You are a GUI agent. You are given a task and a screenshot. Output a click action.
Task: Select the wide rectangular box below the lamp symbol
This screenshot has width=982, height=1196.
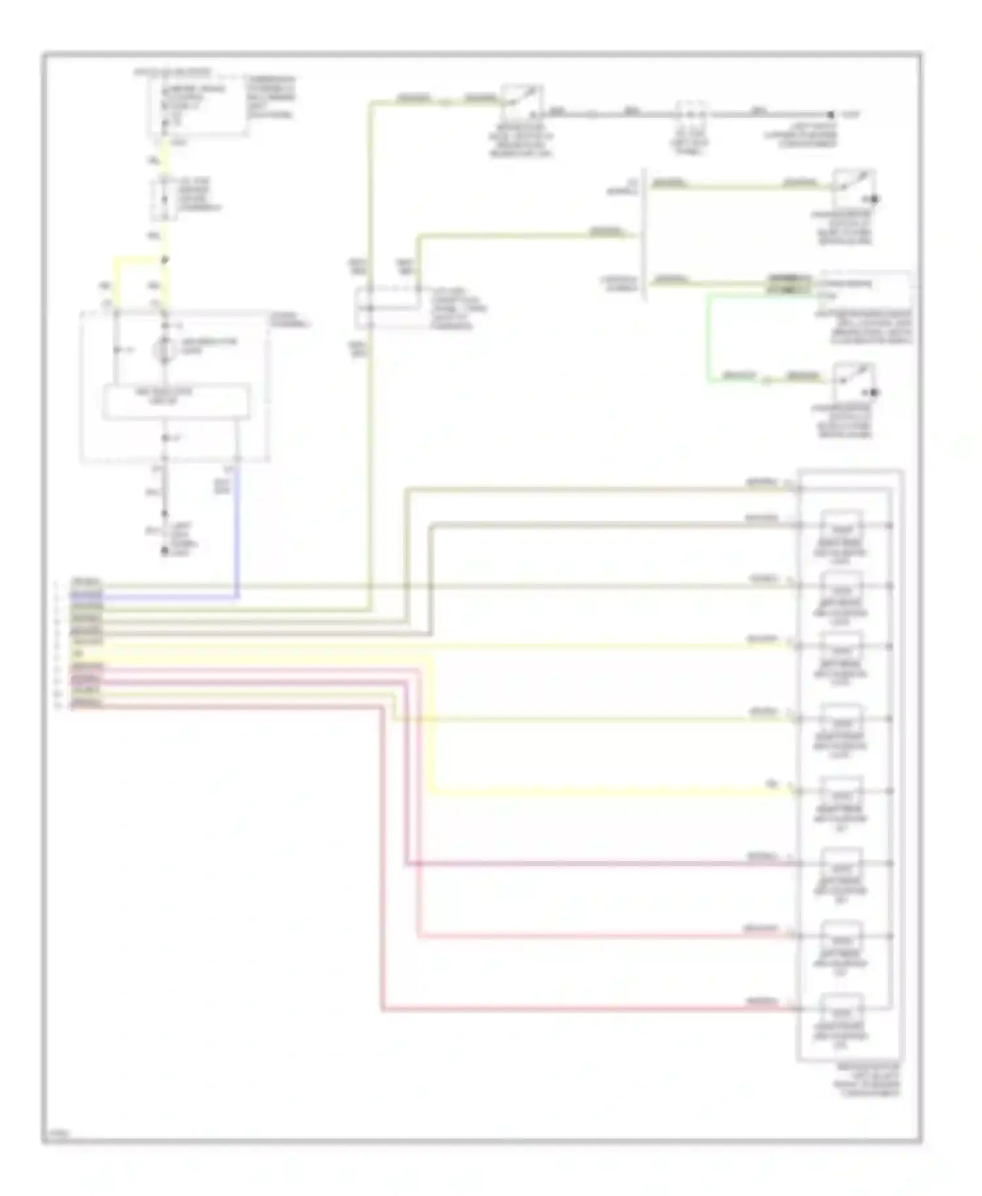176,402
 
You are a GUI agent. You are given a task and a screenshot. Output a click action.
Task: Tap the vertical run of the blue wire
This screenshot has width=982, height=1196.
237,530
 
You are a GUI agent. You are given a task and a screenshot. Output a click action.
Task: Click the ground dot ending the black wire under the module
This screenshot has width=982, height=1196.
165,552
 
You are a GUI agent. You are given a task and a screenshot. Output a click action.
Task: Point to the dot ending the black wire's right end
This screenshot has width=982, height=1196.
830,114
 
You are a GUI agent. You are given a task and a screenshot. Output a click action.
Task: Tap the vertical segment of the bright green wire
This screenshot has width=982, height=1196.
708,337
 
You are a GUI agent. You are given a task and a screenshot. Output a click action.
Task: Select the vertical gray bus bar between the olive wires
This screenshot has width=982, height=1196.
646,234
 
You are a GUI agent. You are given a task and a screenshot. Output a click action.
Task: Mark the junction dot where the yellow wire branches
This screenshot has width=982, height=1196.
165,260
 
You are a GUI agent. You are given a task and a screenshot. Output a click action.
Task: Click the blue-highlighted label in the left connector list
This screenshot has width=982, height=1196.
86,595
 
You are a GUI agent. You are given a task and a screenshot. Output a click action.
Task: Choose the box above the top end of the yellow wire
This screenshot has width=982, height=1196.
196,105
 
